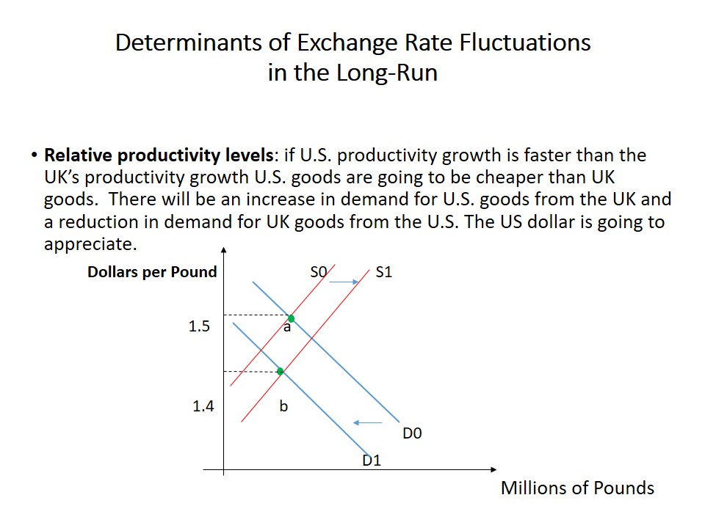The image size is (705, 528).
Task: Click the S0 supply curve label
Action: tap(318, 272)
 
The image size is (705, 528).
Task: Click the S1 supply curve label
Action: tap(383, 272)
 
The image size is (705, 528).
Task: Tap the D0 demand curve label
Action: tap(412, 433)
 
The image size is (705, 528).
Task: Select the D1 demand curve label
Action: tap(372, 461)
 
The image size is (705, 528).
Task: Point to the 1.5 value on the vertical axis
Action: tap(199, 326)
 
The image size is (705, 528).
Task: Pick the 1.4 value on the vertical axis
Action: tap(203, 406)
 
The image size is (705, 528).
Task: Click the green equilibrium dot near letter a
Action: tap(292, 319)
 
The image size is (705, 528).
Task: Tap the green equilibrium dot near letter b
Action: tap(280, 371)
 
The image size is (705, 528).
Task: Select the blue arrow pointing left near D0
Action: tap(368, 422)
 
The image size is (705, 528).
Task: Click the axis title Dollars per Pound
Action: tap(152, 272)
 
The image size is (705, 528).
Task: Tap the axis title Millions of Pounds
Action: tap(577, 488)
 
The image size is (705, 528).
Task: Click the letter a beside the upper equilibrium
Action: tap(287, 328)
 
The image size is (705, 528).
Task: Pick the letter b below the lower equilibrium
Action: tap(283, 406)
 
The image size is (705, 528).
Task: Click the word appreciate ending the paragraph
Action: tap(91, 243)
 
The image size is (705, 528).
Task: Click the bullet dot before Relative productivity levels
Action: tap(34, 155)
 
